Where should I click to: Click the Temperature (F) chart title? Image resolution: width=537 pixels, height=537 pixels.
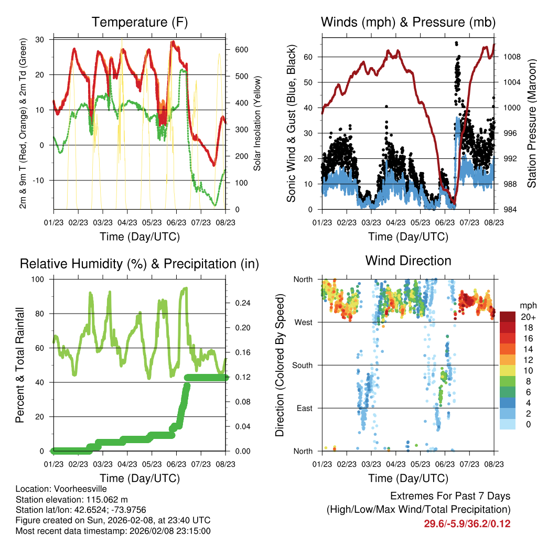point(139,23)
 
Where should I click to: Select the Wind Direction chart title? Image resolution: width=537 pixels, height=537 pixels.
point(408,261)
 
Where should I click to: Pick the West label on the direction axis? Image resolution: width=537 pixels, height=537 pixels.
point(303,322)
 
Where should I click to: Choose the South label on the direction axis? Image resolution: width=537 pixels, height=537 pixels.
point(302,365)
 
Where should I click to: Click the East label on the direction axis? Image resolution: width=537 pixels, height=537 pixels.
point(304,408)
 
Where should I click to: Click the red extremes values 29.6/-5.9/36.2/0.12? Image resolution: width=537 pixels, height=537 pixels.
point(467,523)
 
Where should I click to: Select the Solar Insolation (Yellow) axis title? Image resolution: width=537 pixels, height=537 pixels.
point(257,124)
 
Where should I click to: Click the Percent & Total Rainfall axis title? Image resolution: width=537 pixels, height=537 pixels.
point(20,365)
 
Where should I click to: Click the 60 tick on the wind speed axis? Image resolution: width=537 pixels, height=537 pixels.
point(309,57)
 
